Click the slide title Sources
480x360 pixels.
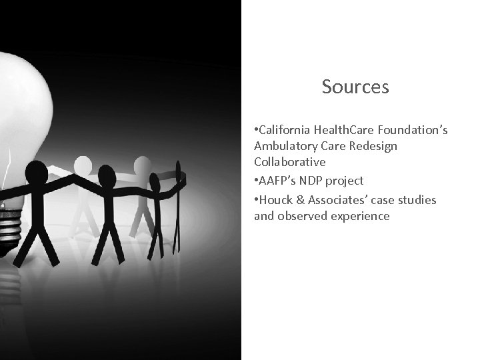pos(355,87)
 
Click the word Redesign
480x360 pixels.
pos(375,146)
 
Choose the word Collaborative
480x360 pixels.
pos(289,161)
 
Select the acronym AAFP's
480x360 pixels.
pos(277,181)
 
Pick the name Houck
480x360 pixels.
pos(275,200)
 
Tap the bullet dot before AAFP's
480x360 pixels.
pos(255,181)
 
